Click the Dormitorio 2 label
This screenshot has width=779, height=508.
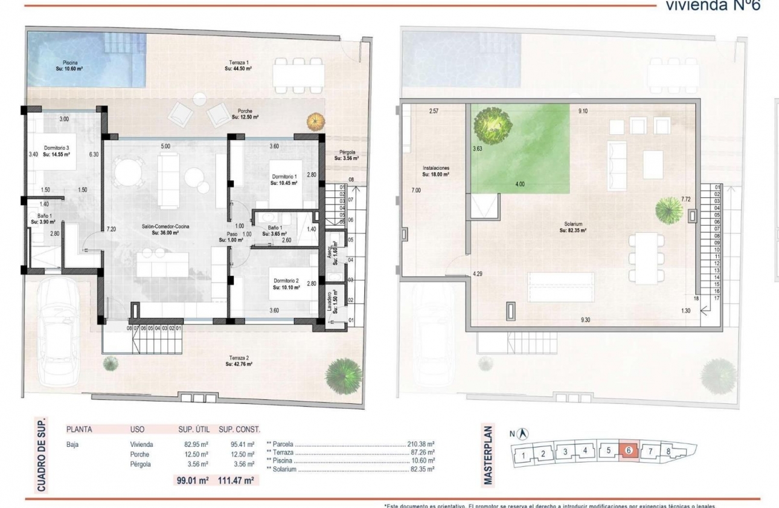coord(286,284)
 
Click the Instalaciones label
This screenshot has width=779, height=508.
coord(435,171)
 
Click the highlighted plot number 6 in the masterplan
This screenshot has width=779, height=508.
coord(629,451)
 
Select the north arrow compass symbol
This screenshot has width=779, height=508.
coord(524,434)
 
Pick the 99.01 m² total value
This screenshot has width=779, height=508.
coord(191,481)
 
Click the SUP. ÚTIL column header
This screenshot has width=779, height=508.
coord(193,429)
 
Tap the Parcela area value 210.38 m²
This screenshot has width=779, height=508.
coord(422,443)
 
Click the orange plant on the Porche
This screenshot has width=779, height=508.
coord(315,121)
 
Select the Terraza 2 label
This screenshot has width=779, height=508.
coord(239,361)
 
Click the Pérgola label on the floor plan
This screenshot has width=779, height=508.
coord(347,155)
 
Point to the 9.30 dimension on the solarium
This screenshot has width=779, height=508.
coord(585,320)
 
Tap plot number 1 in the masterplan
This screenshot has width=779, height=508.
coord(525,455)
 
